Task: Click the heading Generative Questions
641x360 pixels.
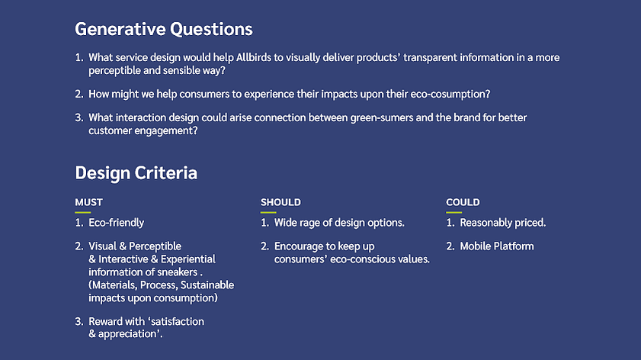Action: (164, 30)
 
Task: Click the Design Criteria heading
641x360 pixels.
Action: (136, 173)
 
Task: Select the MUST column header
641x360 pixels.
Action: (88, 202)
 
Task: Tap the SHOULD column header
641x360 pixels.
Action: (280, 202)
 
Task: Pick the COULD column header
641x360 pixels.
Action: (463, 202)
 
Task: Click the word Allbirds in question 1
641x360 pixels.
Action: (254, 57)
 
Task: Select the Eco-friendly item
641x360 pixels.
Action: (117, 223)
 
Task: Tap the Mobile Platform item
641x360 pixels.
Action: (497, 246)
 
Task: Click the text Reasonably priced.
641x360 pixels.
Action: (503, 223)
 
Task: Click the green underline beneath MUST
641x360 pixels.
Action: (82, 212)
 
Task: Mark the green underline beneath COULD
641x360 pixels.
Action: (454, 212)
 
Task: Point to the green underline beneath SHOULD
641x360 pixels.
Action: (268, 212)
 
